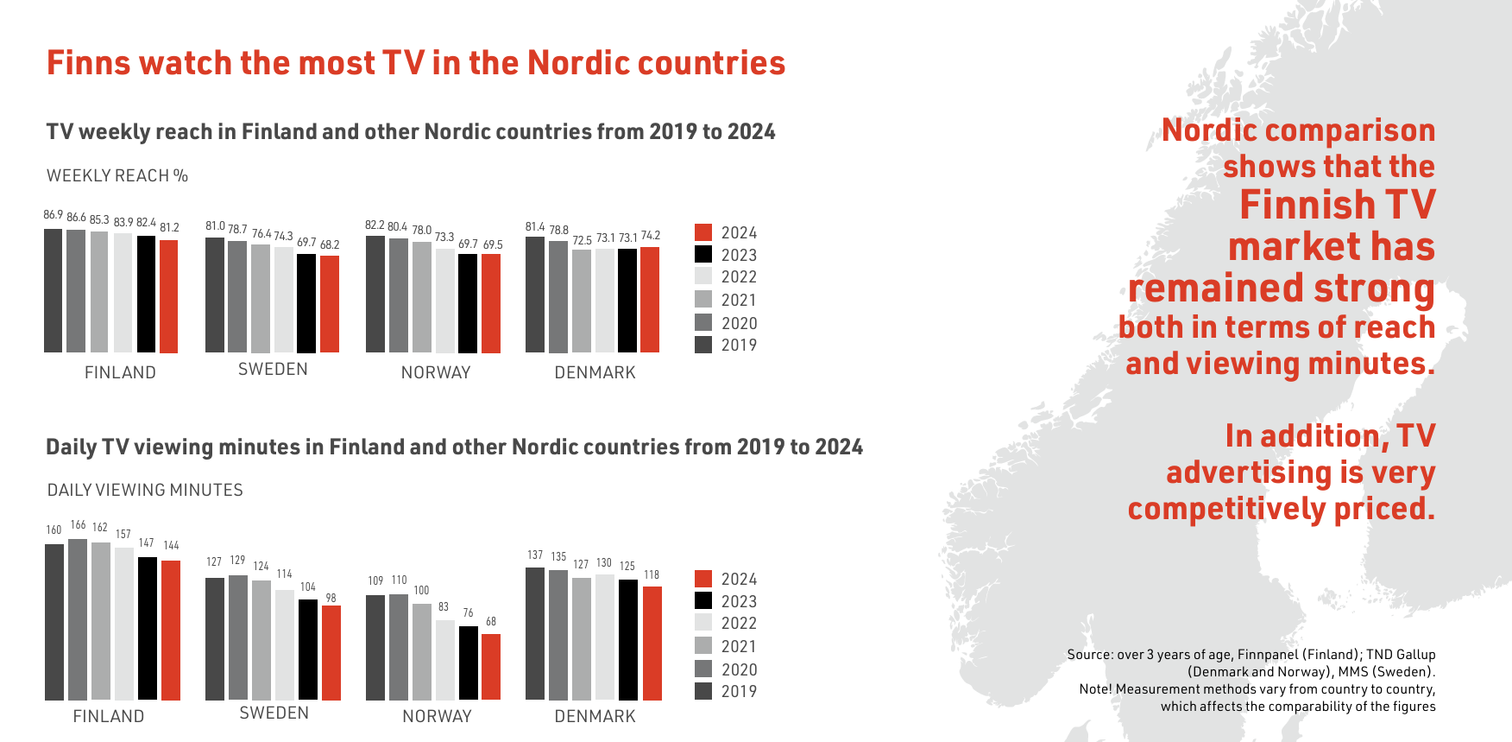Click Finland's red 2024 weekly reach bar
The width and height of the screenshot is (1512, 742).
click(168, 296)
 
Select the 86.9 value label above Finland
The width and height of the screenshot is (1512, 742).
click(53, 215)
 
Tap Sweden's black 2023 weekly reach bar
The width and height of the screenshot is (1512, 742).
click(306, 303)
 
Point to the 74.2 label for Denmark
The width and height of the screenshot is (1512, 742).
click(651, 236)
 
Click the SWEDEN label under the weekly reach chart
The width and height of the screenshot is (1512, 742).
click(273, 370)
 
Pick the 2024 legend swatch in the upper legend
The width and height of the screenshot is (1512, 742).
click(703, 232)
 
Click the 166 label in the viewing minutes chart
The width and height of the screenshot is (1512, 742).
click(78, 525)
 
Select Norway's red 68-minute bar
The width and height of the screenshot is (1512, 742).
click(491, 667)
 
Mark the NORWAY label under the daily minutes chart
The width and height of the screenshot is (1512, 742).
click(437, 716)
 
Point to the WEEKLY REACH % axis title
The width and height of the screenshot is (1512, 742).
click(117, 176)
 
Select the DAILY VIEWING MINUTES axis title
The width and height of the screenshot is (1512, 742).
click(145, 491)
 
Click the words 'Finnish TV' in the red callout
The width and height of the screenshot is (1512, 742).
click(1337, 206)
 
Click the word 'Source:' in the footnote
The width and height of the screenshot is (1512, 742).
click(1090, 655)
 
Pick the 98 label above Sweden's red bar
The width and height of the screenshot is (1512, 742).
click(331, 598)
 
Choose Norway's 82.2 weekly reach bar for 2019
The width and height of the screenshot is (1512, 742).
click(375, 294)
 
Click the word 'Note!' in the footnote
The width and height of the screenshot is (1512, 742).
click(1095, 689)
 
